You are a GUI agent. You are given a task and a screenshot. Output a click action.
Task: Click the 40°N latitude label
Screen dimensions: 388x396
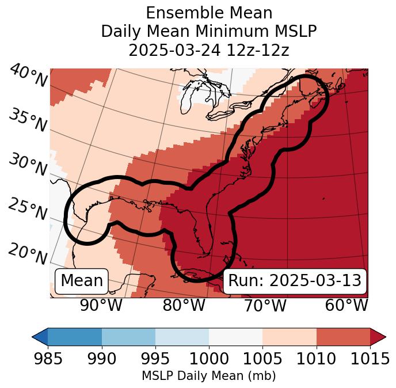[28, 77]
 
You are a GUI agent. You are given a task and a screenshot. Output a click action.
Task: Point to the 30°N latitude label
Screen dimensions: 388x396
[27, 165]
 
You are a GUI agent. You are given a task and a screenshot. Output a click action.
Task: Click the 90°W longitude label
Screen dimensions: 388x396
[101, 306]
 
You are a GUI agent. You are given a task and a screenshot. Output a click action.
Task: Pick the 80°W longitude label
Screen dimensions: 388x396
[184, 306]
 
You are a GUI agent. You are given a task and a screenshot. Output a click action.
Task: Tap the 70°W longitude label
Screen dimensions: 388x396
[265, 306]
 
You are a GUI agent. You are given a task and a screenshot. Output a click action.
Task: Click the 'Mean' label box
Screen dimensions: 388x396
[82, 281]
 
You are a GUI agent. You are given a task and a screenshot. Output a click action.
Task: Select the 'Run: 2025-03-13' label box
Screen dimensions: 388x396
[295, 281]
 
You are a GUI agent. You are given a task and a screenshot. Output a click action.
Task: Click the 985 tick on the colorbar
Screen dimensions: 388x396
[48, 359]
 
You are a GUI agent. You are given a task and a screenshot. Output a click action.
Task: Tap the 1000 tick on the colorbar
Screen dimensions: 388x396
[209, 359]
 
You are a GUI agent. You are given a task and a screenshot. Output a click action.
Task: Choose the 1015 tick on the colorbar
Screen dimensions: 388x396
[370, 359]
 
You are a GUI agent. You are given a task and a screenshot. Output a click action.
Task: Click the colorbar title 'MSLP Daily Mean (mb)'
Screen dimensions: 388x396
[209, 376]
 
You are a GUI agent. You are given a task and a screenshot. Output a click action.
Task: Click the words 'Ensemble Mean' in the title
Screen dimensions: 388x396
[209, 13]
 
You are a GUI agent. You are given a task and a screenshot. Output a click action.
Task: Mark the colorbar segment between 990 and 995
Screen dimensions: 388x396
[128, 336]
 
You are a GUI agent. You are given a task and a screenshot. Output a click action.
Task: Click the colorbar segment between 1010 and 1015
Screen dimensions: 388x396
[343, 336]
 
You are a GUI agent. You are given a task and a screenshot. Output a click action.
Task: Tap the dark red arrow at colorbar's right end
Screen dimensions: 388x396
[378, 336]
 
